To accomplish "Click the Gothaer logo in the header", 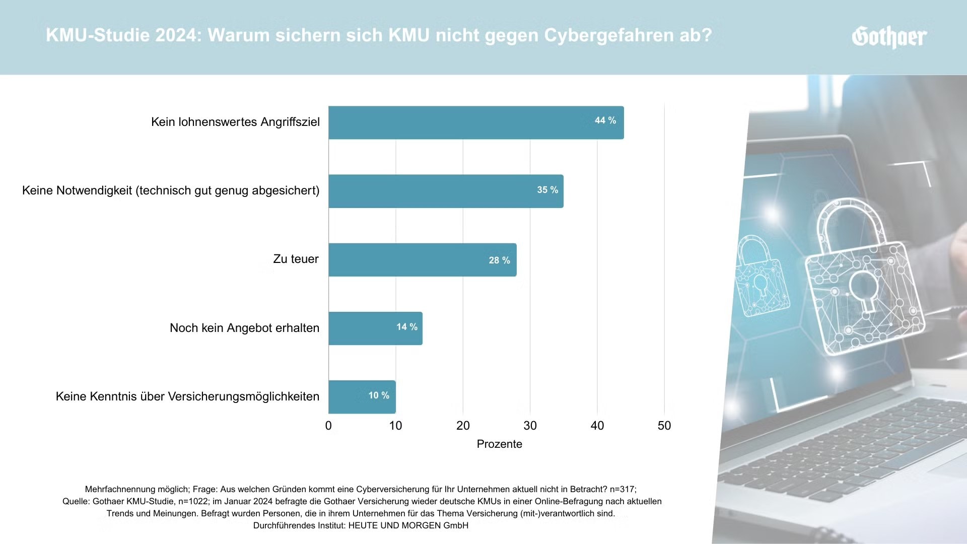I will [x=889, y=37].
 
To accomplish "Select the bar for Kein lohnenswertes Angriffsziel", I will [x=475, y=122].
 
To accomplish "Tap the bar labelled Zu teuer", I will [x=422, y=260].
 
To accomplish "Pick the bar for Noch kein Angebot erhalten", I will [x=375, y=328].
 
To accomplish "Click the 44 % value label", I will [x=605, y=120].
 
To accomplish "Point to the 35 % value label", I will [x=547, y=190].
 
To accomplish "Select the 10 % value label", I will [x=378, y=395].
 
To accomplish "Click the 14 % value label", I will [x=406, y=327].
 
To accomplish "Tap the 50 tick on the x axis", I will [x=664, y=426].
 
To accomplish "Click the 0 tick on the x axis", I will [x=328, y=426].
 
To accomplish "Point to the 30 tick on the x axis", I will [x=530, y=426].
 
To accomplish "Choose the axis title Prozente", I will [x=499, y=444].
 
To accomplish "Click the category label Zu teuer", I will [x=296, y=259].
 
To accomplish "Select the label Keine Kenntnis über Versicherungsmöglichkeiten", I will [x=187, y=396].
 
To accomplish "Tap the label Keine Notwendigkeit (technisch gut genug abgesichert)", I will [x=171, y=190].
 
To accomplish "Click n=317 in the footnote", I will [x=622, y=489].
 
